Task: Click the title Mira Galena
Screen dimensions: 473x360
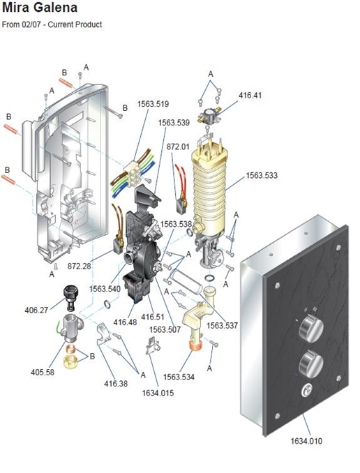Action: point(40,8)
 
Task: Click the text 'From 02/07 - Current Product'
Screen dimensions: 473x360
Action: point(52,25)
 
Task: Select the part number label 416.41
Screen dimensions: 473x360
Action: point(248,94)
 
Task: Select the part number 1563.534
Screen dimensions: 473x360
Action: point(179,377)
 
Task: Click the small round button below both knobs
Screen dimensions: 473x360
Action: point(306,392)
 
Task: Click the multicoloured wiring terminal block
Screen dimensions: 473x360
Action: point(134,172)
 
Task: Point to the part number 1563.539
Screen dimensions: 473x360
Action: point(174,123)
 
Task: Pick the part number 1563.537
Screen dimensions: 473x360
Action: point(222,326)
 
